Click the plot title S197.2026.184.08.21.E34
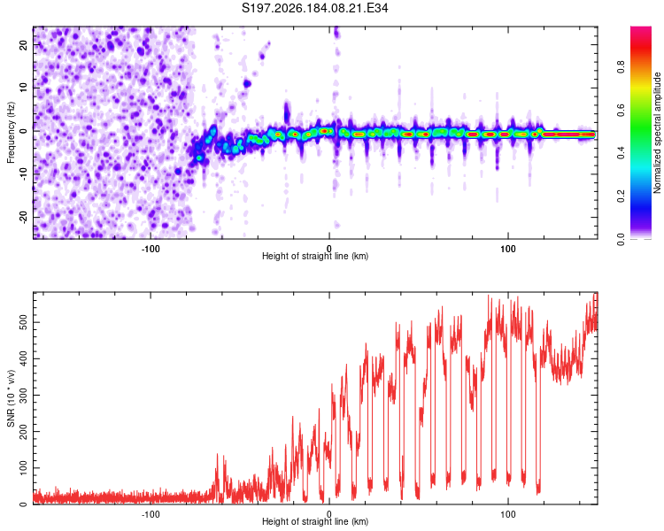314,8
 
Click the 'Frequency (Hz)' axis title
11,133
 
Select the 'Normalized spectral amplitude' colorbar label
657,133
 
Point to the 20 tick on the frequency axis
23,44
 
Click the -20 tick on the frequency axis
23,217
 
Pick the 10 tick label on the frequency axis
23,88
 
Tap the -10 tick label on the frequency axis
23,174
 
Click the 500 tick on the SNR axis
23,322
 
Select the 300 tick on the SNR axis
23,395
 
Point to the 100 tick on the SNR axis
23,468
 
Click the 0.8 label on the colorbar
621,67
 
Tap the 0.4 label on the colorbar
621,153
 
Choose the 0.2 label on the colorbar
621,196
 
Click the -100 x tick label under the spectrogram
151,249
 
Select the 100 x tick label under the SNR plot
508,514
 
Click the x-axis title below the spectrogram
315,256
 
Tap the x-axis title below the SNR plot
315,521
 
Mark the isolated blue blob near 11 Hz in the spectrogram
247,84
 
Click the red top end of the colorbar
641,29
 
